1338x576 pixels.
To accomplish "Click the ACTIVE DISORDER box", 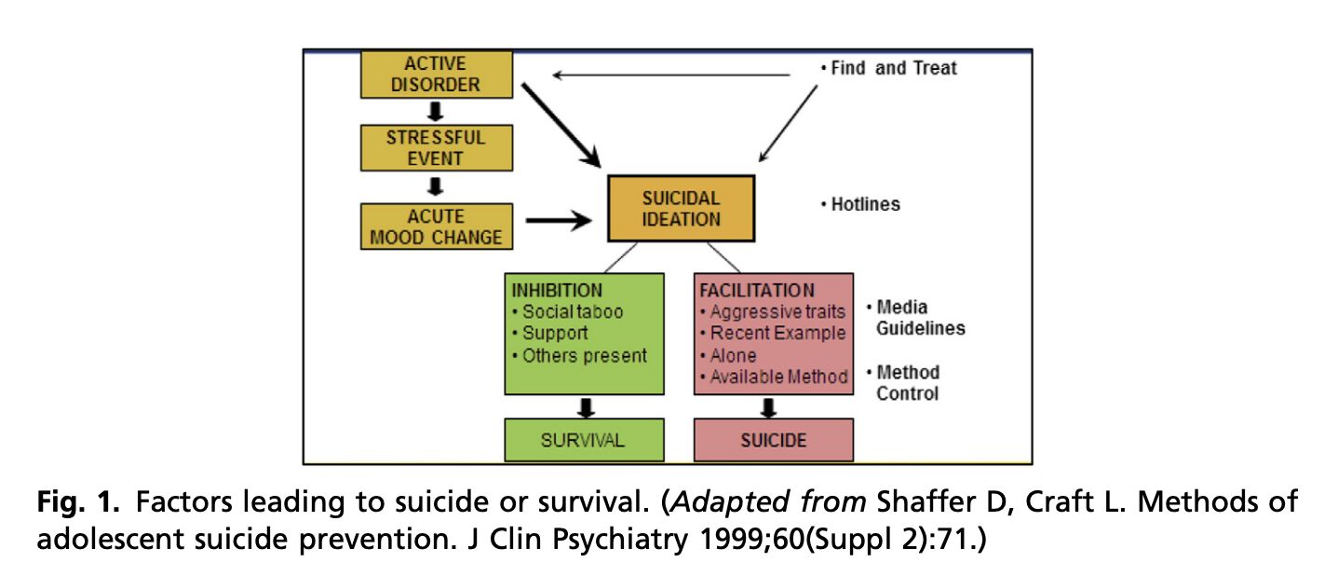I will tap(436, 74).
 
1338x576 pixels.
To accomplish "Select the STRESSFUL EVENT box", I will tap(436, 147).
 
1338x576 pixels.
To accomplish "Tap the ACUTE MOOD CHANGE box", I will tap(436, 226).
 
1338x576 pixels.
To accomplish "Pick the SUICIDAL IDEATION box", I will tap(681, 209).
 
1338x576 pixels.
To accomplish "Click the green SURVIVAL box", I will tap(584, 440).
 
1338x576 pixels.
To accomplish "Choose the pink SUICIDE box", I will tap(773, 440).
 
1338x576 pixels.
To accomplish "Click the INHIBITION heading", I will tap(557, 290).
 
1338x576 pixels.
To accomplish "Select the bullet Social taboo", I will tap(567, 311).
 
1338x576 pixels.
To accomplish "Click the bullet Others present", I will tap(579, 355).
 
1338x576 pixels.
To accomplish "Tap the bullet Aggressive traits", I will tap(772, 311).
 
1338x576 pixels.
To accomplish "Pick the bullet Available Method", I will tap(773, 377).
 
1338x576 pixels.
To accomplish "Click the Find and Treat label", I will tap(888, 68).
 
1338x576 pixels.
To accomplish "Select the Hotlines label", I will tap(860, 204).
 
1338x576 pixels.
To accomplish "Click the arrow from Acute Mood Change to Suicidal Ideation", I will tap(559, 221).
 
